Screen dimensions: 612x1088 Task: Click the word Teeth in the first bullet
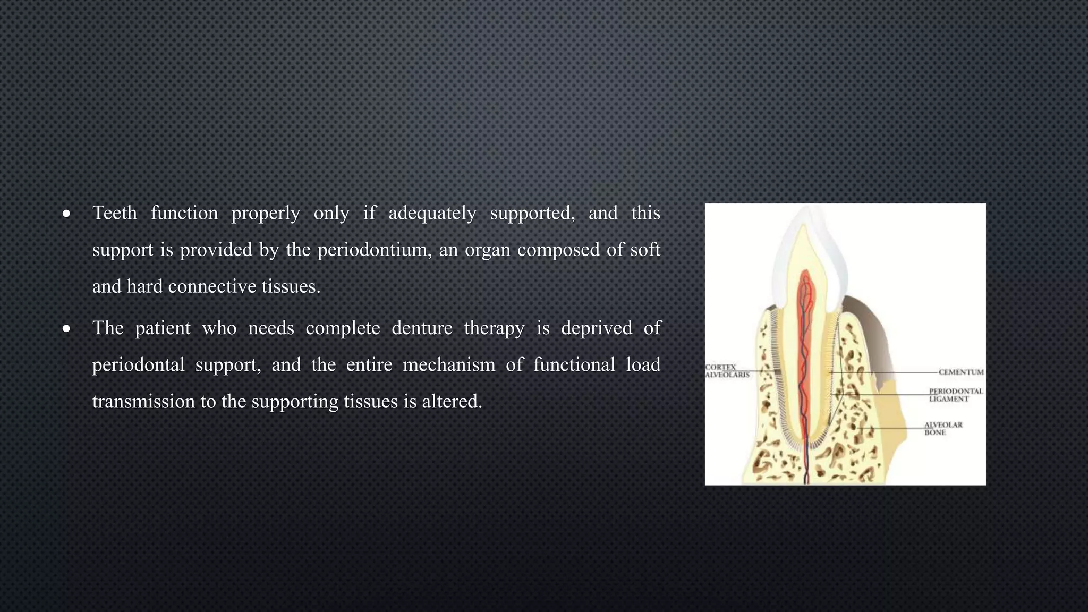tap(114, 213)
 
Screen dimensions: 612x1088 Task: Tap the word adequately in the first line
tap(432, 213)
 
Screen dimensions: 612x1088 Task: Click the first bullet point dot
tap(66, 214)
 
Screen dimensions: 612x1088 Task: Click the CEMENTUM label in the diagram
tap(960, 372)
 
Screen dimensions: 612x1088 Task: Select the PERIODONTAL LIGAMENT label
tap(955, 395)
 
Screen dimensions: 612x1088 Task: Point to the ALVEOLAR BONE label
tap(943, 429)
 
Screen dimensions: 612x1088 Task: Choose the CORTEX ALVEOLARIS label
tap(726, 371)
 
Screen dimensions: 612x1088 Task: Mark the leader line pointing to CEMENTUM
tap(892, 372)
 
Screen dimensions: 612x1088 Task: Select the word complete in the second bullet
tap(343, 328)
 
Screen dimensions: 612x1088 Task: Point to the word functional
tap(574, 364)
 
